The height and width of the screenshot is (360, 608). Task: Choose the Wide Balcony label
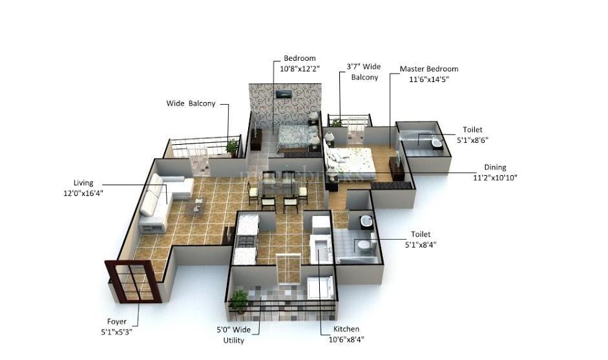(191, 103)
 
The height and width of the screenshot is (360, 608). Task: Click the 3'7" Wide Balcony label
(364, 71)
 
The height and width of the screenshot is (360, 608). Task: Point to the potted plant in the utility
(239, 299)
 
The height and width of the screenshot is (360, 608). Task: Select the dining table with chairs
(278, 189)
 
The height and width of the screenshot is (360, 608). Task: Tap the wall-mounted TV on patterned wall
(282, 94)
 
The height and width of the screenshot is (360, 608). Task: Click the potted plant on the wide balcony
(231, 146)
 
